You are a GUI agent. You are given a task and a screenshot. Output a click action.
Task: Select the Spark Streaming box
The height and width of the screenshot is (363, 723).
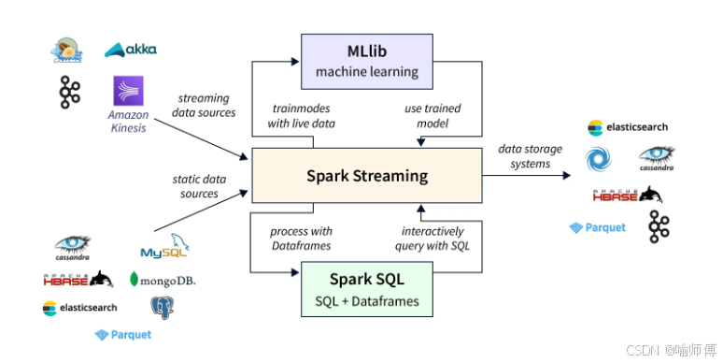[366, 176]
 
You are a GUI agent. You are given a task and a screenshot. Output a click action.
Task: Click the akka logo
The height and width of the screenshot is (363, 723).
[130, 50]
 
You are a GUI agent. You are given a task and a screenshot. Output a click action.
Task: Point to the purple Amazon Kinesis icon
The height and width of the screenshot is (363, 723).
[127, 93]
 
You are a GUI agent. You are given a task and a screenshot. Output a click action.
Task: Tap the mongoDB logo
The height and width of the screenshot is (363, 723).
[163, 280]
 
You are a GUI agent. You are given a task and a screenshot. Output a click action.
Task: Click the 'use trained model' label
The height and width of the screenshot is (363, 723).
[432, 116]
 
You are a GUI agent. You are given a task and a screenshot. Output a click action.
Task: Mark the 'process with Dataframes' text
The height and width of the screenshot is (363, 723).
[301, 239]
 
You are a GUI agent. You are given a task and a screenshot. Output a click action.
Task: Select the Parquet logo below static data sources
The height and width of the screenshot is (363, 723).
[122, 334]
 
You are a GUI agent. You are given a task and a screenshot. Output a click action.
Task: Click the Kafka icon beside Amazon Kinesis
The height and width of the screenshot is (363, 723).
[69, 93]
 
